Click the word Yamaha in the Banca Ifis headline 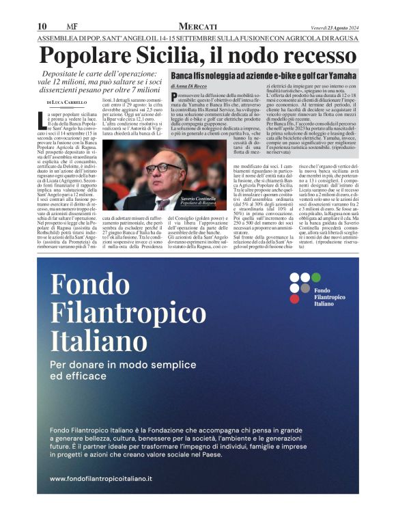[338, 75]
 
